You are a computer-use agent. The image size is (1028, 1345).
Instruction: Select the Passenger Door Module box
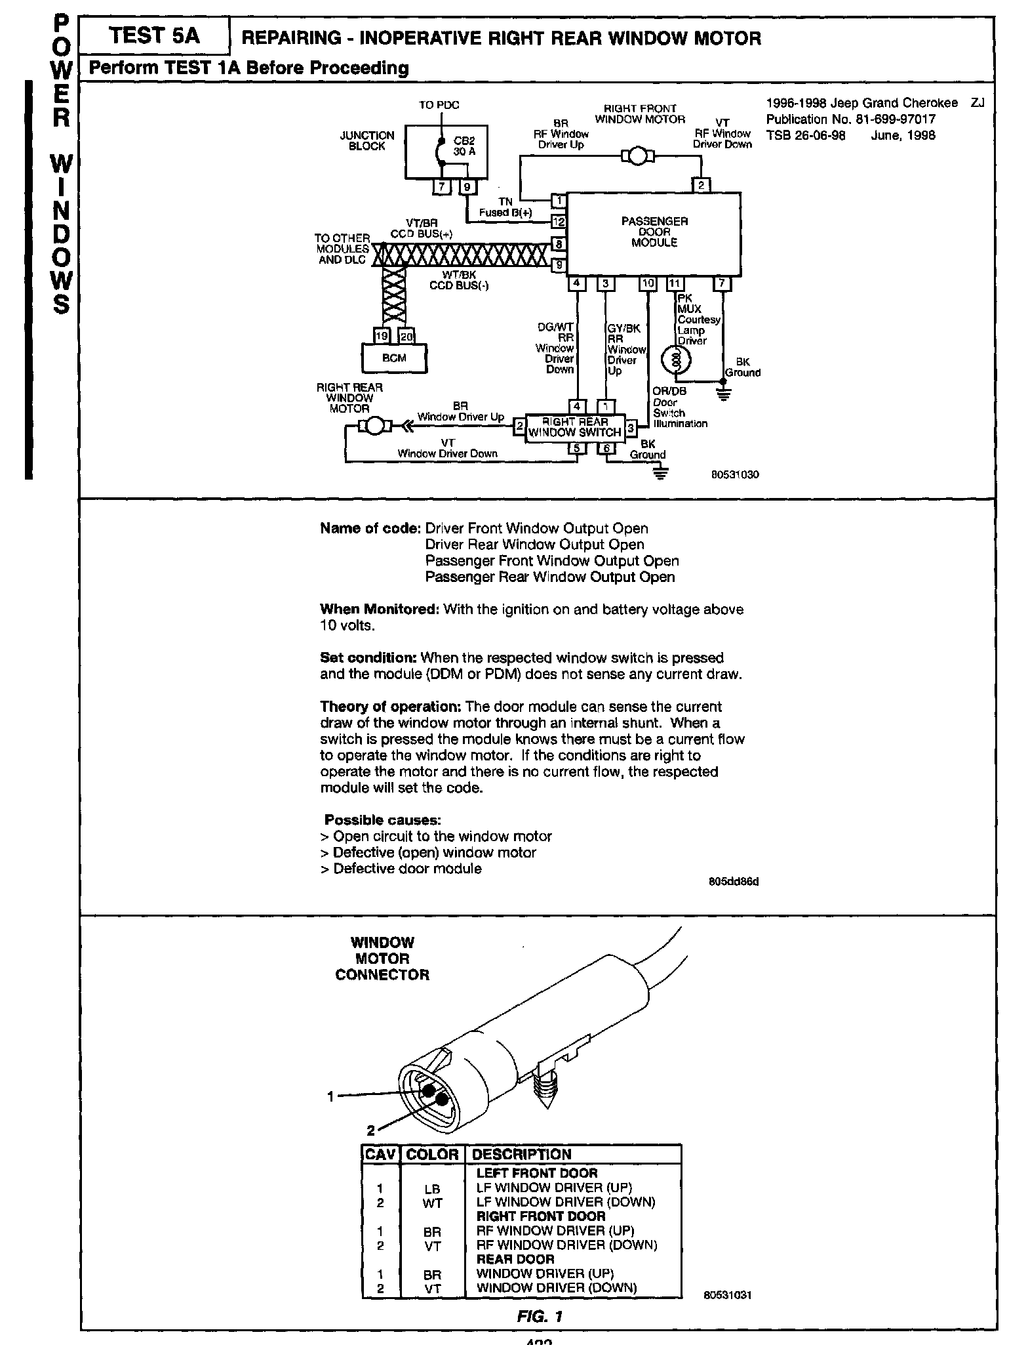pyautogui.click(x=654, y=233)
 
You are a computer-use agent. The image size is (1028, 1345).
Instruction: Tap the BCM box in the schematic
pyautogui.click(x=394, y=358)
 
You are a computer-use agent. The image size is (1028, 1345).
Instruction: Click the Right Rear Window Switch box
pyautogui.click(x=575, y=428)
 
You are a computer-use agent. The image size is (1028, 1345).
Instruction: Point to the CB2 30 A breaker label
pyautogui.click(x=464, y=146)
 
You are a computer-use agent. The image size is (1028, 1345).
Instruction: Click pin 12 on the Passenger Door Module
pyautogui.click(x=559, y=221)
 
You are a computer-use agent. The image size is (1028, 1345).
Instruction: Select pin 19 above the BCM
pyautogui.click(x=381, y=337)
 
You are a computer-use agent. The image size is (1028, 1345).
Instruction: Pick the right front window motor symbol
pyautogui.click(x=637, y=156)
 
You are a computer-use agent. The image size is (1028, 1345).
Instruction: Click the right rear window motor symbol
pyautogui.click(x=374, y=426)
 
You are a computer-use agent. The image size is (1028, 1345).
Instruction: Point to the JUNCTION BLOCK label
pyautogui.click(x=367, y=140)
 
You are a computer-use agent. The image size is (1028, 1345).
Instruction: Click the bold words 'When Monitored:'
pyautogui.click(x=379, y=610)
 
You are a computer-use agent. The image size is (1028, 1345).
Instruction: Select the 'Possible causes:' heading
pyautogui.click(x=383, y=820)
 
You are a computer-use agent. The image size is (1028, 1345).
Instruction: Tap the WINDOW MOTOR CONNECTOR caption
pyautogui.click(x=382, y=959)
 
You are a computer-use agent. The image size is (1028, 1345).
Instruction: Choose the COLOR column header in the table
pyautogui.click(x=432, y=1155)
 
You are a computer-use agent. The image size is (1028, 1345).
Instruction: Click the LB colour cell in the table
pyautogui.click(x=432, y=1189)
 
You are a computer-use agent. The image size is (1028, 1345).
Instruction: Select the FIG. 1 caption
pyautogui.click(x=540, y=1316)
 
